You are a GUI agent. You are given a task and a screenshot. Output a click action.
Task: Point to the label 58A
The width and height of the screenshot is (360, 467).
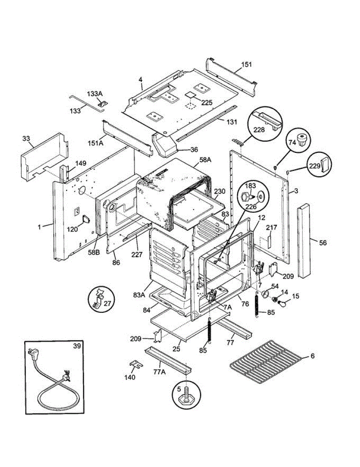pos(205,160)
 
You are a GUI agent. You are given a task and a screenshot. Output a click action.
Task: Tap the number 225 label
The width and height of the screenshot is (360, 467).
pos(207,103)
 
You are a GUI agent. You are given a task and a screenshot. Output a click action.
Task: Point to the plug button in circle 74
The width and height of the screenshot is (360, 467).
pos(302,139)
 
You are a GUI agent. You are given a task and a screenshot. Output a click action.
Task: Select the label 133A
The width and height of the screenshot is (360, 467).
pos(95,94)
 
